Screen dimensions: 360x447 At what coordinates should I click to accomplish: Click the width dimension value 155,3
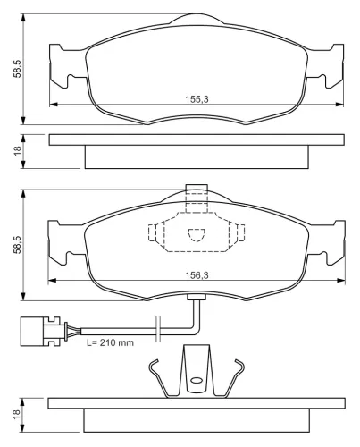197,99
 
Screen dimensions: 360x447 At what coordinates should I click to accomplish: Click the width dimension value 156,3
197,275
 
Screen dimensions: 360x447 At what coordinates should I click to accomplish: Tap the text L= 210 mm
110,342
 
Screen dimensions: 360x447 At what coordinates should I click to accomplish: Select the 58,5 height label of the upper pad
18,69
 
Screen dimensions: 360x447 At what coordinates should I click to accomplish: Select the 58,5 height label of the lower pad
18,245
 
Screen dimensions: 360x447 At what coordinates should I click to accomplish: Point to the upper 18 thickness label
18,151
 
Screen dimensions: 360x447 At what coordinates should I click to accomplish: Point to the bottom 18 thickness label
18,414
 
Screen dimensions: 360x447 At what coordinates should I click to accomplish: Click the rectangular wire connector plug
40,331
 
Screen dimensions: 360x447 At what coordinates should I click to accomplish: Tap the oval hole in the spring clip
197,380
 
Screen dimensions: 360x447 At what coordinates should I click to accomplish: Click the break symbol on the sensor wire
158,329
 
